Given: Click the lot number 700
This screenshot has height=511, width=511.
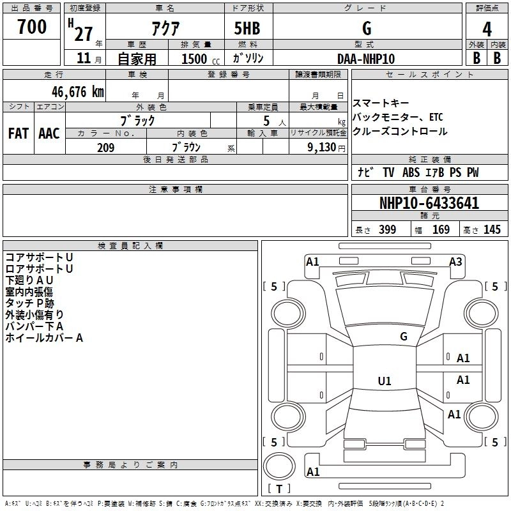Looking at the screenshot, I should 32,27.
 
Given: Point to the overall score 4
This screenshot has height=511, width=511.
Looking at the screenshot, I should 487,28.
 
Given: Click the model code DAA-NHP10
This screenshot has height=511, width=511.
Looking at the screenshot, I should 366,58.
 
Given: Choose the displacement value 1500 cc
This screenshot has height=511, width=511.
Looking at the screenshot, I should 195,59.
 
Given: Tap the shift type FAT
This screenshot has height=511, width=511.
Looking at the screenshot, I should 19,133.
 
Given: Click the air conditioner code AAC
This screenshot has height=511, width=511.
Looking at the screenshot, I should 49,133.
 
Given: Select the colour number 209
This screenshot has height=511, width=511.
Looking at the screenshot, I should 105,148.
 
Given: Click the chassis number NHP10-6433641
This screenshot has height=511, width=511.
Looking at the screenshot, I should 429,204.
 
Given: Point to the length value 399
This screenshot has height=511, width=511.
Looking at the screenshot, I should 387,230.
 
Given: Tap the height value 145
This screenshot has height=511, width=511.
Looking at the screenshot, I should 492,230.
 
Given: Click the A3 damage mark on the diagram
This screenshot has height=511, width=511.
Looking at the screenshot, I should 455,261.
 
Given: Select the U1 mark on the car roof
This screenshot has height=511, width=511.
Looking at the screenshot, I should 384,381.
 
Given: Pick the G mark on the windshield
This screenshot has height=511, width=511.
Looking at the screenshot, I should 404,337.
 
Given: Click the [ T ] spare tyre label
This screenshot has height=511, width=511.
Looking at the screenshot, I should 278,489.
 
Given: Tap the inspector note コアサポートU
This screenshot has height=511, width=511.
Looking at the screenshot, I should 39,257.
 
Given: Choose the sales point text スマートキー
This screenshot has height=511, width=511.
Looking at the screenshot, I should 381,103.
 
